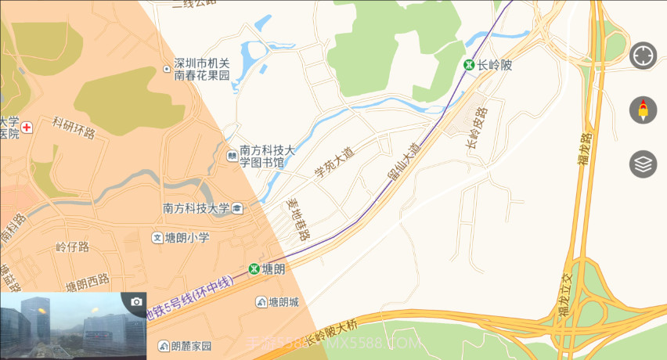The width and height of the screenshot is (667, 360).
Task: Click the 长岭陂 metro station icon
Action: pyautogui.click(x=469, y=65)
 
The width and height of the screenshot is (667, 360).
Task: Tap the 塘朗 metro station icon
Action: pyautogui.click(x=254, y=268)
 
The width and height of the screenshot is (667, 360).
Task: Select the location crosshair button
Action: pyautogui.click(x=643, y=56)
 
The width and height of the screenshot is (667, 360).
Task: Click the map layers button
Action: pyautogui.click(x=643, y=164)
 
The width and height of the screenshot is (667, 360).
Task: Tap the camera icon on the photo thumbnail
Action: pyautogui.click(x=136, y=302)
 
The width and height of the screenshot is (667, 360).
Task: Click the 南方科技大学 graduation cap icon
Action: pyautogui.click(x=238, y=208)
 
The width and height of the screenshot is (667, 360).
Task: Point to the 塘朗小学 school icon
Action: pyautogui.click(x=157, y=237)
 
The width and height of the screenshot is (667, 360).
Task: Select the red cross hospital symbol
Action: pyautogui.click(x=27, y=127)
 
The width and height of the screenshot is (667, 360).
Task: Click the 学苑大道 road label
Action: pyautogui.click(x=333, y=164)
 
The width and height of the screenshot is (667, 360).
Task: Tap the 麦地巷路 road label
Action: pyautogui.click(x=298, y=220)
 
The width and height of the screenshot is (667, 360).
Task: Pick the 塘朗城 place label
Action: pyautogui.click(x=283, y=302)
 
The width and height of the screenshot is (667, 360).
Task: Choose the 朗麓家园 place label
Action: pyautogui.click(x=191, y=346)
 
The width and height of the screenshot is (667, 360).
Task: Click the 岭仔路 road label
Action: pyautogui.click(x=73, y=247)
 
